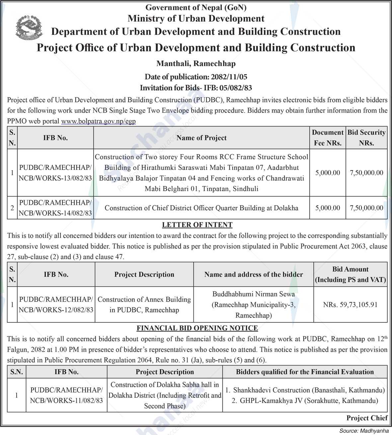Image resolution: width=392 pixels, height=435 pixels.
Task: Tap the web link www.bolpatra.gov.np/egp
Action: point(98,121)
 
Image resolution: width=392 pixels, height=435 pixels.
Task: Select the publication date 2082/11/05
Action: point(229,77)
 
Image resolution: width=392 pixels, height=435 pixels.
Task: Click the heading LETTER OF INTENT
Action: point(197,225)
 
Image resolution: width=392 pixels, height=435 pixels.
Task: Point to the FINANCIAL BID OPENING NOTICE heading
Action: point(197,328)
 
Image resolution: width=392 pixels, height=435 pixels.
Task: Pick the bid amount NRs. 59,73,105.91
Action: point(350,304)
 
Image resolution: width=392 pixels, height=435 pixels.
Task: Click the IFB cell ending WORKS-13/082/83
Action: point(55,173)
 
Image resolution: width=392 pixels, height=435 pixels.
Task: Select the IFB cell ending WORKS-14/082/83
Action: point(55,208)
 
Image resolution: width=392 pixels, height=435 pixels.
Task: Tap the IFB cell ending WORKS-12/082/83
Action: point(56,304)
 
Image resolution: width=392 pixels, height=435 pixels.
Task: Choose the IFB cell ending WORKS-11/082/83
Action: point(66,395)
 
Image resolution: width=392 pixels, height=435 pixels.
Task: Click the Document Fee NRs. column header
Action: point(327,137)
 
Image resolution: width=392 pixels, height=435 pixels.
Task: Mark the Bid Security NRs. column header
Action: point(366,137)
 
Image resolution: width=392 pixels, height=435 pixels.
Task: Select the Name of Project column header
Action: point(201,138)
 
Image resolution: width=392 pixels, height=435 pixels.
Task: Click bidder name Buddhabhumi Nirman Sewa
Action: point(254,294)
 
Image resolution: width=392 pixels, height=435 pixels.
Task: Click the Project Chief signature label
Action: point(367,418)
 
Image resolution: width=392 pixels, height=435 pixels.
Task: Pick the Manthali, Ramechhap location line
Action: point(196,63)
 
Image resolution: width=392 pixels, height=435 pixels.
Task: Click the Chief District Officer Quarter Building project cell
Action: point(201,208)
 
